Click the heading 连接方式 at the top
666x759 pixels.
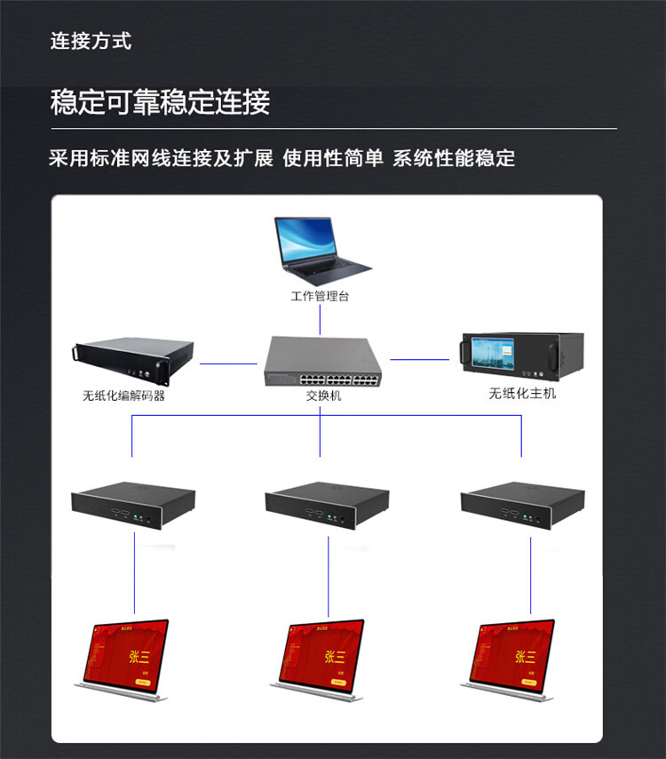coord(91,41)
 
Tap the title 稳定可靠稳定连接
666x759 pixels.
coord(160,102)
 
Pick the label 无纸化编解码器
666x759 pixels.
coord(123,396)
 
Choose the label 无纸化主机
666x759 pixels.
coord(522,393)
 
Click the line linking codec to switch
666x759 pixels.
coord(227,363)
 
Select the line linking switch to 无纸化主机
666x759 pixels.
coord(420,360)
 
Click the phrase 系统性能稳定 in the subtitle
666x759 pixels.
coord(454,159)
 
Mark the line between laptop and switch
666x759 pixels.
coord(320,320)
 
